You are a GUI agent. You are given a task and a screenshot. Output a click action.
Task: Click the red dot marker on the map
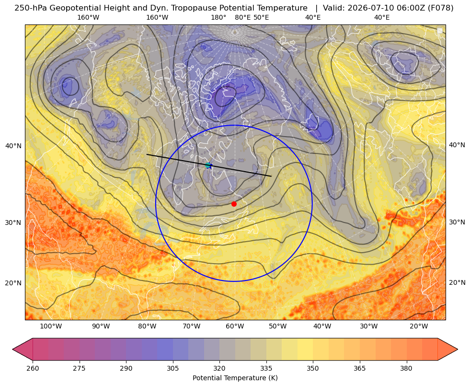point(234,204)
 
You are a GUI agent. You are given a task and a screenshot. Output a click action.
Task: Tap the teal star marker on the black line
point(208,165)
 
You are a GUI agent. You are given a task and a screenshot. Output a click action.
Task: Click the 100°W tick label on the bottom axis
point(51,326)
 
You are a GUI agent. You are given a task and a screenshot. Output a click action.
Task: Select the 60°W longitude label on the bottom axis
point(235,326)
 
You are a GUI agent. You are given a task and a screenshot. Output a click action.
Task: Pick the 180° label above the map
point(218,17)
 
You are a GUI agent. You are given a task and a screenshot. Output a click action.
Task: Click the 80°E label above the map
point(243,17)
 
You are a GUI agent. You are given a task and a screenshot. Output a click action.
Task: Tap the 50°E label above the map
point(261,17)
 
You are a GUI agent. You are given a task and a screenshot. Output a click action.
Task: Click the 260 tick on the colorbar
point(33,368)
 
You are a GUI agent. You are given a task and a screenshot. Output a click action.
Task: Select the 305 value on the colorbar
point(173,368)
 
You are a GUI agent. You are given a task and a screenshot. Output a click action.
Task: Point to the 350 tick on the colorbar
point(313,368)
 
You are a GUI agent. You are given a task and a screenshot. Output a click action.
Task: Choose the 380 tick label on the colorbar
point(406,368)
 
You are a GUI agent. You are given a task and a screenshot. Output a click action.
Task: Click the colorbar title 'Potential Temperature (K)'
point(235,378)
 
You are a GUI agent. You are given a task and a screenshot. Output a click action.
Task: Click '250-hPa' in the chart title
point(30,8)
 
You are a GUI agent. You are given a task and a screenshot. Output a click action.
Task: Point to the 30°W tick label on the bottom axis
point(369,326)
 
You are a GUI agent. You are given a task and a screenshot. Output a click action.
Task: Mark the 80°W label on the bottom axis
point(147,326)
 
